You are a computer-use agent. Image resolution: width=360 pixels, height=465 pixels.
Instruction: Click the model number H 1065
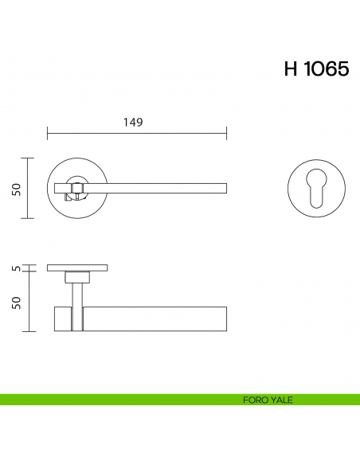(316, 69)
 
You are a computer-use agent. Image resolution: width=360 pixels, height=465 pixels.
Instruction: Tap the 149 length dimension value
(133, 122)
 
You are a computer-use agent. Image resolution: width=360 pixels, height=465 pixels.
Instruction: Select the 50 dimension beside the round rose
(16, 189)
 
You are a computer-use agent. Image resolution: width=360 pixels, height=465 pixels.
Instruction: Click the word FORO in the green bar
(255, 400)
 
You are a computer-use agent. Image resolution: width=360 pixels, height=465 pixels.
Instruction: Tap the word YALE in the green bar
(281, 400)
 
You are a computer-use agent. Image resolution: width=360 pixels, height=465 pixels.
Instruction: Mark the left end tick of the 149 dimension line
(48, 132)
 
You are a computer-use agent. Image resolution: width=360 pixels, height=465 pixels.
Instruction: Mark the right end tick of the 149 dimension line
(227, 132)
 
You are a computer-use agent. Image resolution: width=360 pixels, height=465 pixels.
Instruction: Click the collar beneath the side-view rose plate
(77, 276)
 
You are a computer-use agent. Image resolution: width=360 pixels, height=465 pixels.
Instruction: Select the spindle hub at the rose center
(77, 189)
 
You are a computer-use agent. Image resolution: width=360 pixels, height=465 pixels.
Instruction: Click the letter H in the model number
(291, 69)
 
